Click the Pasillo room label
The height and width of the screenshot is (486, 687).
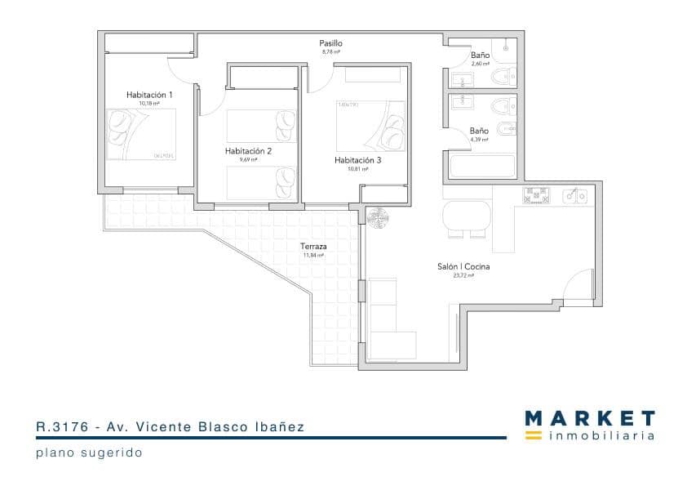pyautogui.click(x=330, y=43)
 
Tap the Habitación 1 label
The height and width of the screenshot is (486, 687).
pyautogui.click(x=149, y=95)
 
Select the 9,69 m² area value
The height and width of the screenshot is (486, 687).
pyautogui.click(x=248, y=160)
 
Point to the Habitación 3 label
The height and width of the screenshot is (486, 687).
pyautogui.click(x=357, y=160)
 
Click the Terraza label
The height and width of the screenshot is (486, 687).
pyautogui.click(x=313, y=246)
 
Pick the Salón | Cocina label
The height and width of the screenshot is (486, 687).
pyautogui.click(x=463, y=266)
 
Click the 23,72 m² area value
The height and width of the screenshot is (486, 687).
pyautogui.click(x=463, y=276)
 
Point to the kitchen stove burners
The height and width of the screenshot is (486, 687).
pyautogui.click(x=534, y=195)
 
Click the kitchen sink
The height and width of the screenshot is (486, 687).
pyautogui.click(x=576, y=195)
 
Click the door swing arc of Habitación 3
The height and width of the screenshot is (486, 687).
pyautogui.click(x=318, y=79)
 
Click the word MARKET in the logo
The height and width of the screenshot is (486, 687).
pyautogui.click(x=589, y=419)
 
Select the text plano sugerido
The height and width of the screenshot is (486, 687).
pyautogui.click(x=89, y=453)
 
